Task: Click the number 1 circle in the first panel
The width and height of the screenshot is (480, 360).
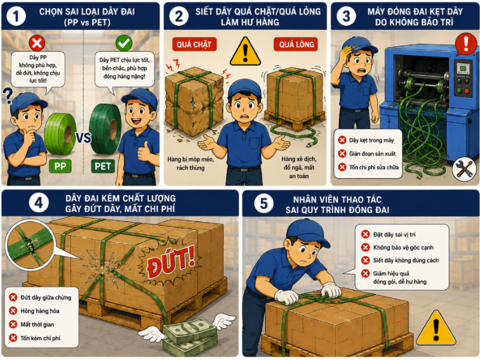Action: (16, 16)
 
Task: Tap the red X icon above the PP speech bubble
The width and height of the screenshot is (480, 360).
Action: (37, 43)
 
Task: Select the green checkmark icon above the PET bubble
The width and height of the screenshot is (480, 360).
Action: (124, 43)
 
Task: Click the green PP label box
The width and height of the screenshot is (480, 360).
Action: (60, 166)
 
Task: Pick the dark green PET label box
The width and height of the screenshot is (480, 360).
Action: (103, 166)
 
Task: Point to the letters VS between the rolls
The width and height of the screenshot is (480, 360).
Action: (83, 138)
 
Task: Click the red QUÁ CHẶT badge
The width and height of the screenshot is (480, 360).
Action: (194, 44)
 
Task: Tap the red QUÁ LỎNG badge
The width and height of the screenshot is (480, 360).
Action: (296, 44)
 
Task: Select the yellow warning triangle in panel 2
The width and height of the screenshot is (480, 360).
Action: (245, 52)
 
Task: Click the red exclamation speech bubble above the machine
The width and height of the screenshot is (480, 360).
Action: (466, 44)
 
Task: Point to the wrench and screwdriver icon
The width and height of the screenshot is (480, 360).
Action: (464, 169)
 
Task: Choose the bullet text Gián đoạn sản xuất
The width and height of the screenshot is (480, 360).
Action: (372, 154)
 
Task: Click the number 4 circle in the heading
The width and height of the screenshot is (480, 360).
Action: (39, 203)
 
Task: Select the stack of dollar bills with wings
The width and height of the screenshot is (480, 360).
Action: (189, 335)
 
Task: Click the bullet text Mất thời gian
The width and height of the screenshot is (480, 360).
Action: (37, 325)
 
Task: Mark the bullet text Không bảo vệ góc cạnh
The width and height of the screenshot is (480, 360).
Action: (403, 247)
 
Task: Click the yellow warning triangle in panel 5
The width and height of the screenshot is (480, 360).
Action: (436, 328)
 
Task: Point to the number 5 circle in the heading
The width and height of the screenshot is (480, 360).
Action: (263, 203)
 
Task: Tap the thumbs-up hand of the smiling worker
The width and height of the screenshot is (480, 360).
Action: (144, 151)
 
